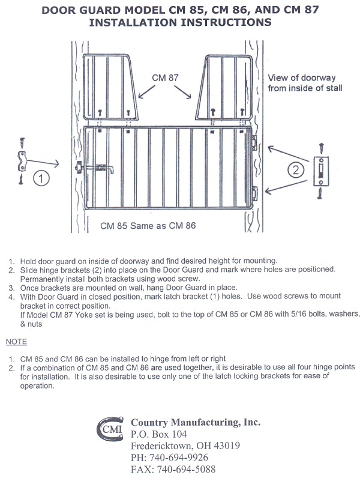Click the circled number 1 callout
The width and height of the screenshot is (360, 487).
point(40,178)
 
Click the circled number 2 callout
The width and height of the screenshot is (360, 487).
point(295,171)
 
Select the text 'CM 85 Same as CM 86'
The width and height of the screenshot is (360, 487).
point(148,226)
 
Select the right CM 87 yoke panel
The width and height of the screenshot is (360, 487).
point(226,89)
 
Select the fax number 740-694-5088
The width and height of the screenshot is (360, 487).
point(173,469)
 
